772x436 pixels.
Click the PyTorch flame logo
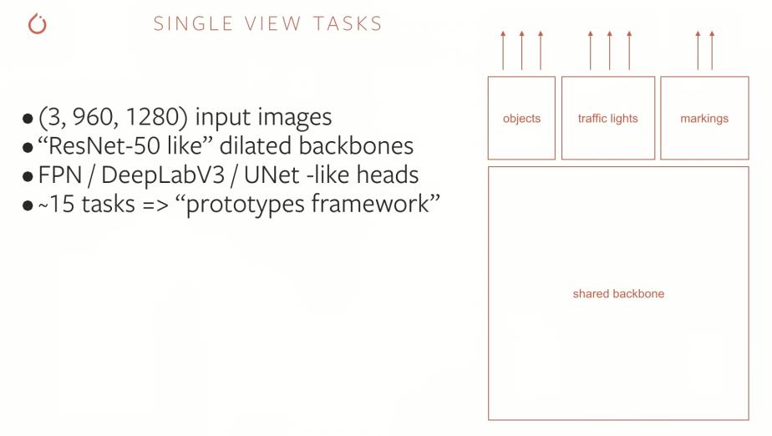pyautogui.click(x=38, y=24)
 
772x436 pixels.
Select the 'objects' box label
pyautogui.click(x=521, y=119)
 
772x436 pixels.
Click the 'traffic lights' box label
pyautogui.click(x=607, y=119)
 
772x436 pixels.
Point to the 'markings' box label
pyautogui.click(x=704, y=119)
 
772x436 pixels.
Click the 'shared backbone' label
pyautogui.click(x=618, y=294)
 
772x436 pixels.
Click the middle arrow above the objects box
pyautogui.click(x=521, y=50)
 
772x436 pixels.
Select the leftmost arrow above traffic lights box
pyautogui.click(x=590, y=50)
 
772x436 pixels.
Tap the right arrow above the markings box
pyautogui.click(x=712, y=50)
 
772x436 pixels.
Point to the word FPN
pyautogui.click(x=58, y=175)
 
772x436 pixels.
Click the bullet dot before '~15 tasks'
pyautogui.click(x=28, y=205)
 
